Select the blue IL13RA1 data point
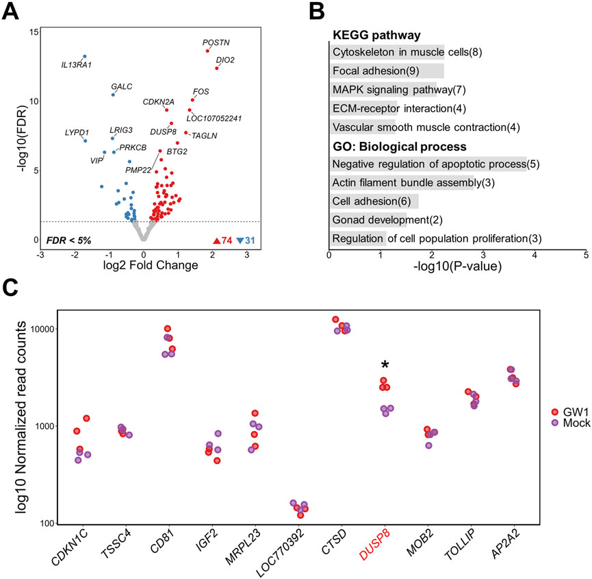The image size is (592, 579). [85, 56]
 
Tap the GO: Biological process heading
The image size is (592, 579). [399, 147]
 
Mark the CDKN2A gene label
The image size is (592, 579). [158, 101]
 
